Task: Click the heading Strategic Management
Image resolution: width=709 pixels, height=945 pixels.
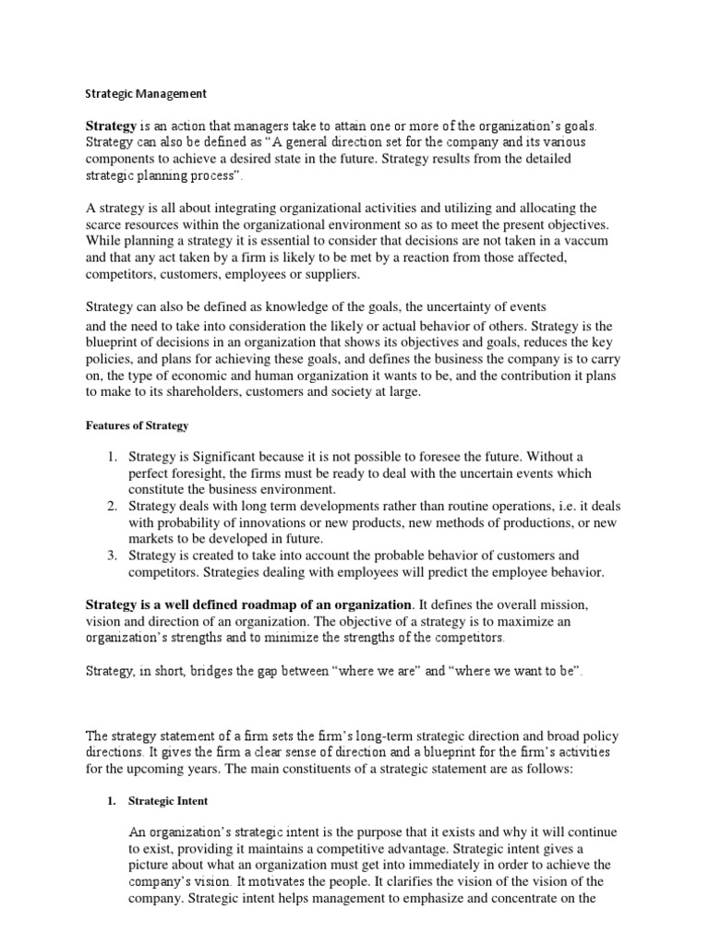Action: [146, 93]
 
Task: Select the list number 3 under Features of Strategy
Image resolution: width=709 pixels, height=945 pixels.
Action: [111, 556]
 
